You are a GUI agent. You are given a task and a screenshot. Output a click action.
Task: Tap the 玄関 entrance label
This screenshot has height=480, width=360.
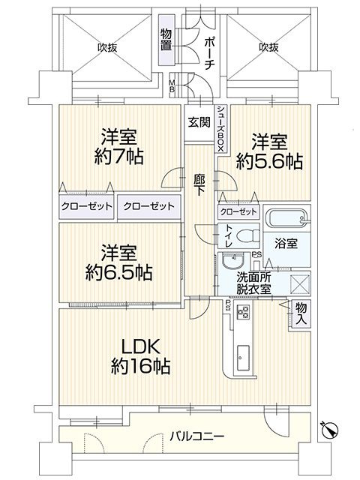click(199, 123)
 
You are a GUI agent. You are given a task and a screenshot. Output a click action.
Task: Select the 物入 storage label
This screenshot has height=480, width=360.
click(301, 312)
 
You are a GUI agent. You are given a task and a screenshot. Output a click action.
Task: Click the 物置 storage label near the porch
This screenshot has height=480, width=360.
click(166, 40)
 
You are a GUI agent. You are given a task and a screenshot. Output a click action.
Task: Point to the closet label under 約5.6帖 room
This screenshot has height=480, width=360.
click(238, 212)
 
